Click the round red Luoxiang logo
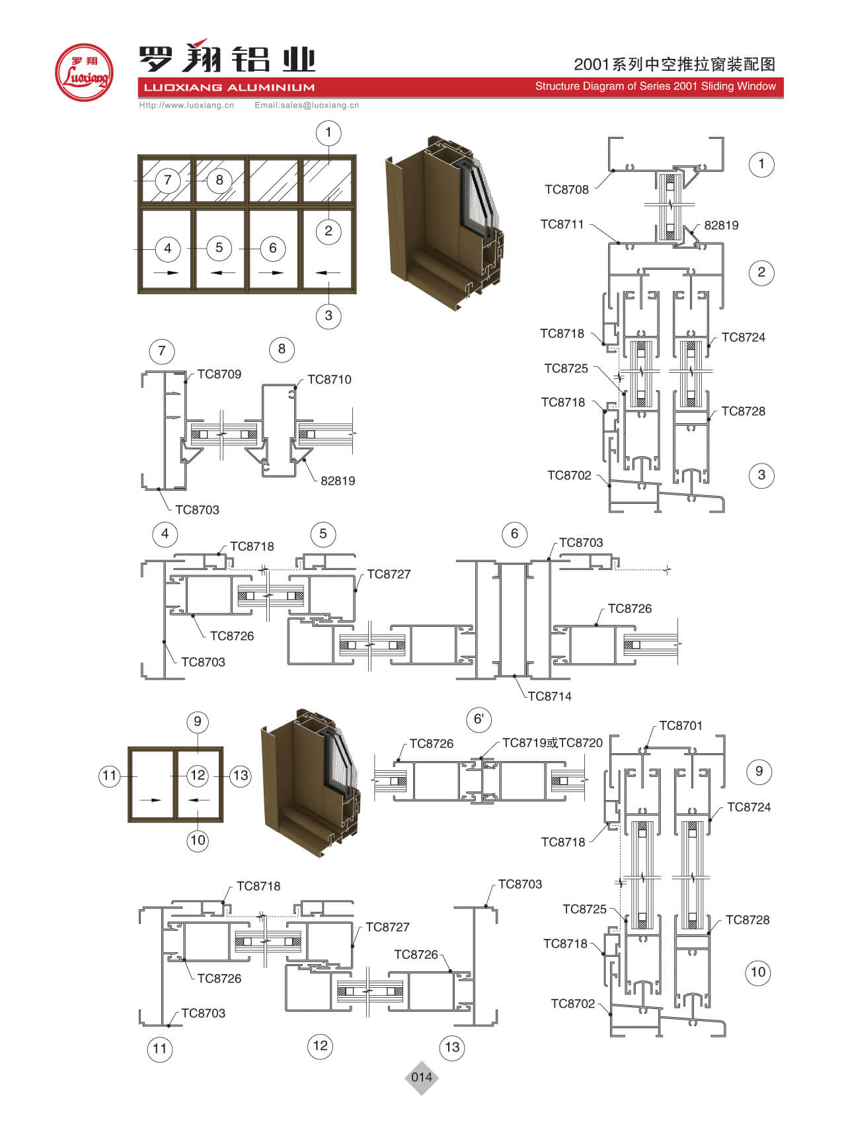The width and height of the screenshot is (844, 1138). tap(83, 72)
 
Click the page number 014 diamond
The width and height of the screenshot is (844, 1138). tap(422, 1077)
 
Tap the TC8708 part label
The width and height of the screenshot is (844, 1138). tap(566, 190)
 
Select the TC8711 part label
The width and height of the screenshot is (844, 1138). tap(562, 224)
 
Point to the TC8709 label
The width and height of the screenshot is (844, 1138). tap(219, 374)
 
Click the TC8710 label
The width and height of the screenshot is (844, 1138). tap(329, 380)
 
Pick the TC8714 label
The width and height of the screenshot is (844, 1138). tap(549, 696)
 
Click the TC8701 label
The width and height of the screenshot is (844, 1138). tap(681, 726)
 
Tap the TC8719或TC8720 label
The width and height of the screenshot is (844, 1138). tap(552, 743)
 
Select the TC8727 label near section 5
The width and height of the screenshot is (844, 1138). tap(389, 575)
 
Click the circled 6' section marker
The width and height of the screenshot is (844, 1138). tap(479, 719)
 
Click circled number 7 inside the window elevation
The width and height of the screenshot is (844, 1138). tap(167, 180)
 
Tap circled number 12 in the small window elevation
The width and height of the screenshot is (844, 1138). tap(198, 775)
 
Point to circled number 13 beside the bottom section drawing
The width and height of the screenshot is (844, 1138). tap(452, 1047)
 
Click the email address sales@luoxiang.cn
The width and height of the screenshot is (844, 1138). tap(307, 105)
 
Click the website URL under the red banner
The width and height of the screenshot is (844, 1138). tap(186, 105)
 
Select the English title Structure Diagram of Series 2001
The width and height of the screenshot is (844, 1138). tap(655, 87)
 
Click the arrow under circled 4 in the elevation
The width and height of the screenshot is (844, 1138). tap(167, 272)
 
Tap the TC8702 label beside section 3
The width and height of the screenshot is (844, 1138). tap(569, 475)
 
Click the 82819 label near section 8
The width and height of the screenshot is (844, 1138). tap(338, 481)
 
